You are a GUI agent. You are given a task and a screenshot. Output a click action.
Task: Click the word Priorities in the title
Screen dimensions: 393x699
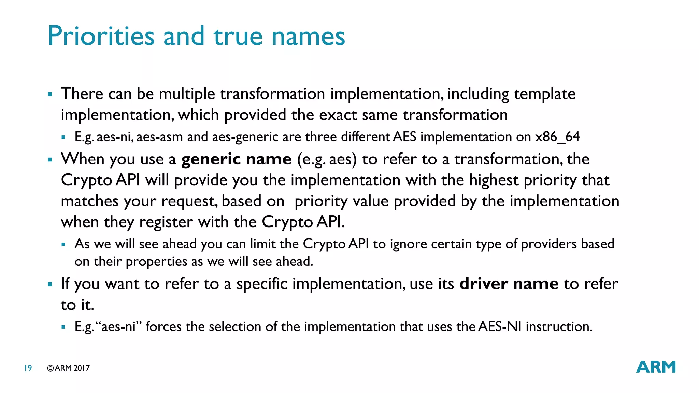[x=101, y=36]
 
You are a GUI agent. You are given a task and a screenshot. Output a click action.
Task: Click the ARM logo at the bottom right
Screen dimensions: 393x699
[x=656, y=367]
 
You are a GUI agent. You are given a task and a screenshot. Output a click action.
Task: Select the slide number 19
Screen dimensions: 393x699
[x=28, y=368]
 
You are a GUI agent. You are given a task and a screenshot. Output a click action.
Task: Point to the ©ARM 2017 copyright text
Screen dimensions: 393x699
[x=68, y=368]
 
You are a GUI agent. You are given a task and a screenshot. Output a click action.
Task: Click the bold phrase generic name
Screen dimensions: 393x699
[x=236, y=159]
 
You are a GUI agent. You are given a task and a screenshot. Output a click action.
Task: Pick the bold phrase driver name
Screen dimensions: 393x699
[x=509, y=284]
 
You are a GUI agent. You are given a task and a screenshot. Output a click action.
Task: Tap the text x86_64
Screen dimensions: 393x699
[x=557, y=137]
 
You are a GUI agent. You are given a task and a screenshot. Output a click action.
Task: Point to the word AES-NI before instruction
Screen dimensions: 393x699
[x=500, y=326]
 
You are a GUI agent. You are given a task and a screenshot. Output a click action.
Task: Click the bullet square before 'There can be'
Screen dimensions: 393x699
[x=50, y=94]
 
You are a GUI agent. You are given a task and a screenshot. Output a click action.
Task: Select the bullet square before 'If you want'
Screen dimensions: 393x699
[x=50, y=284]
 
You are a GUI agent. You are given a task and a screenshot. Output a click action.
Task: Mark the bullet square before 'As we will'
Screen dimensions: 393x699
[x=63, y=244]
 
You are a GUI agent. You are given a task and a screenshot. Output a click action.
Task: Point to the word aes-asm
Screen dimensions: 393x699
[x=160, y=137]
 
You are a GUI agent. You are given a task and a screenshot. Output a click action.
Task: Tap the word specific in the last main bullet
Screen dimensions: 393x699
[x=262, y=284]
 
